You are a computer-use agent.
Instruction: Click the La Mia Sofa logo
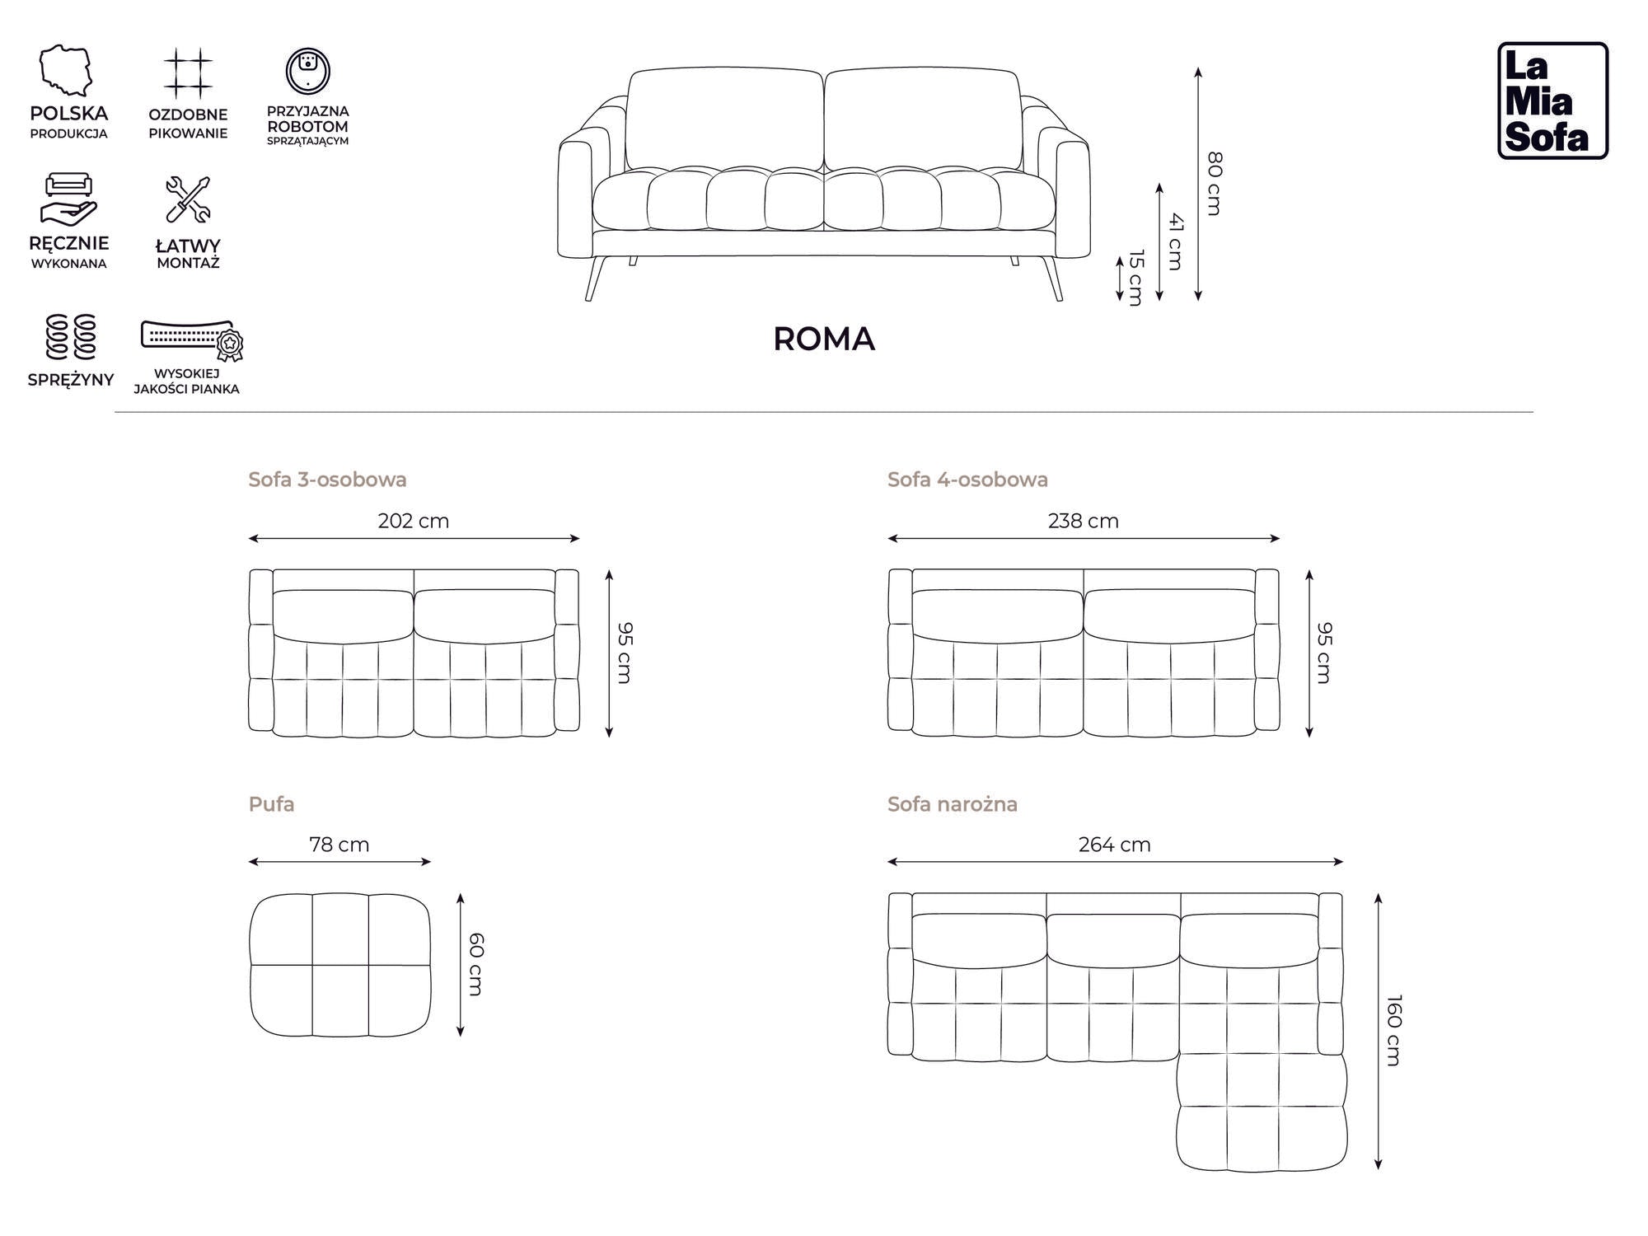tap(1552, 101)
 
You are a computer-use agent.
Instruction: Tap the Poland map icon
tap(66, 71)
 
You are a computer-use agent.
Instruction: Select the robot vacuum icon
tap(308, 71)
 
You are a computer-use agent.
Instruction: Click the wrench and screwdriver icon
tap(188, 199)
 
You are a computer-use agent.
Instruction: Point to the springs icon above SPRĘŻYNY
tap(71, 337)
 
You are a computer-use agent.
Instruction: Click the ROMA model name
tap(823, 339)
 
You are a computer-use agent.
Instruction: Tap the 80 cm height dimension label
tap(1215, 183)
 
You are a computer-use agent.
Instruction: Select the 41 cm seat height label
tap(1176, 241)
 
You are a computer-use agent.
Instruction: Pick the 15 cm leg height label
tap(1136, 278)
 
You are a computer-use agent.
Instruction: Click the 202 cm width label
tap(413, 521)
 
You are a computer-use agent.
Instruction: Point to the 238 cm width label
tap(1083, 521)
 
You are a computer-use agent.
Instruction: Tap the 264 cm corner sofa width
tap(1114, 845)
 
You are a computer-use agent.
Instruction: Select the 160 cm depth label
tap(1393, 1030)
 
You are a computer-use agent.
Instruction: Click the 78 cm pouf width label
tap(339, 845)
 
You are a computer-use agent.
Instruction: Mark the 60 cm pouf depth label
tap(476, 964)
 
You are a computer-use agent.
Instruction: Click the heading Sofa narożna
tap(952, 804)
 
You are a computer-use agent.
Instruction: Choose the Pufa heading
tap(271, 804)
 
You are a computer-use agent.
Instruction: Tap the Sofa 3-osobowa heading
tap(327, 480)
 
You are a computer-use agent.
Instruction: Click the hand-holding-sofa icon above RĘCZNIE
tap(68, 199)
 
